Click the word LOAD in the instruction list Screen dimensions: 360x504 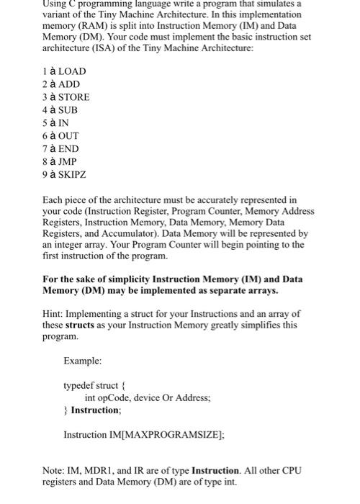(x=71, y=71)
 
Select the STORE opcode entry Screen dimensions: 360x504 (x=73, y=97)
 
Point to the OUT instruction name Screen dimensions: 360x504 (x=68, y=136)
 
